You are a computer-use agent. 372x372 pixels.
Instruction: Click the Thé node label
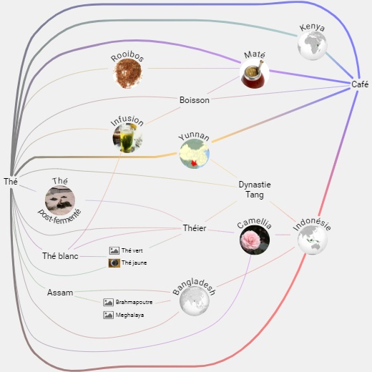pyautogui.click(x=11, y=182)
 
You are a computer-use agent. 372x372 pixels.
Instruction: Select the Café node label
pyautogui.click(x=360, y=84)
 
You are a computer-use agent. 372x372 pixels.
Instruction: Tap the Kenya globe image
pyautogui.click(x=312, y=45)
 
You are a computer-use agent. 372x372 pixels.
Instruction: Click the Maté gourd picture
pyautogui.click(x=255, y=74)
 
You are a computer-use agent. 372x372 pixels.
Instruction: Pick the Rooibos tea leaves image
pyautogui.click(x=127, y=74)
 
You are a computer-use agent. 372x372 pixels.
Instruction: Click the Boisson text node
pyautogui.click(x=195, y=100)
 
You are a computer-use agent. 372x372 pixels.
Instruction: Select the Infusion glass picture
pyautogui.click(x=127, y=138)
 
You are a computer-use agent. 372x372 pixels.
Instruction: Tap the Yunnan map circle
pyautogui.click(x=195, y=154)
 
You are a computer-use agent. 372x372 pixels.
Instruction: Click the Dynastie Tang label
pyautogui.click(x=255, y=190)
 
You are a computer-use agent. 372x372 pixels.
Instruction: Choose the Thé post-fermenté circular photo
pyautogui.click(x=60, y=200)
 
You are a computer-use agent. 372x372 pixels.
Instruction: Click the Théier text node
pyautogui.click(x=195, y=228)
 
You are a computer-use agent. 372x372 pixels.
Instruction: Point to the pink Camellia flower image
pyautogui.click(x=255, y=240)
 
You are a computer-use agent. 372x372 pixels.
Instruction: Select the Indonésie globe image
pyautogui.click(x=313, y=240)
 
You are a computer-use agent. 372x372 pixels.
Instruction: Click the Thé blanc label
pyautogui.click(x=60, y=256)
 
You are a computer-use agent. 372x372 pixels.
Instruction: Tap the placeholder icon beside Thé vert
pyautogui.click(x=114, y=250)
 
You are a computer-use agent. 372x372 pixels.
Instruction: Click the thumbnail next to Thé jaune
pyautogui.click(x=114, y=263)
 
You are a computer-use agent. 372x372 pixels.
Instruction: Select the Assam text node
pyautogui.click(x=60, y=293)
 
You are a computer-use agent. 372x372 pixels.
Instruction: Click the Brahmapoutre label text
pyautogui.click(x=134, y=302)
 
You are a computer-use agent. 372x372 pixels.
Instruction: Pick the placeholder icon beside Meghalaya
pyautogui.click(x=108, y=315)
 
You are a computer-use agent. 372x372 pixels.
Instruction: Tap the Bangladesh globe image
pyautogui.click(x=195, y=301)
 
